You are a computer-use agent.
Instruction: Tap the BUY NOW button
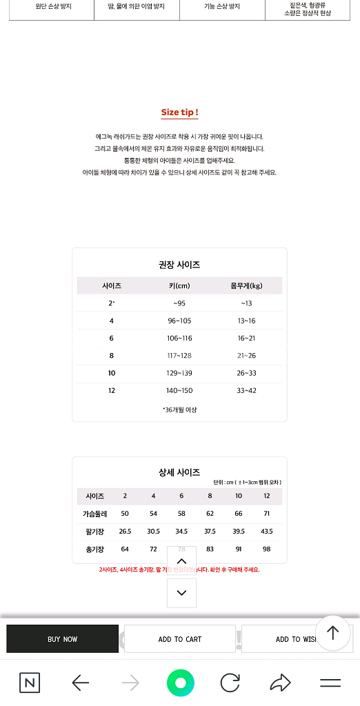coord(62,639)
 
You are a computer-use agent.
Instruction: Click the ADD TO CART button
coord(180,639)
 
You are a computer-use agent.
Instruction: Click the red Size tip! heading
coord(180,112)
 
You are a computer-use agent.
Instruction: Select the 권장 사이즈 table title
coord(179,265)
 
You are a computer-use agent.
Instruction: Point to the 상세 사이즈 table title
coord(179,472)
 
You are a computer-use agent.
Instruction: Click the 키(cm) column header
coord(179,285)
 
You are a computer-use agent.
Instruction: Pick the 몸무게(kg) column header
coord(246,285)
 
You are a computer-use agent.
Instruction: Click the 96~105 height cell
coord(179,321)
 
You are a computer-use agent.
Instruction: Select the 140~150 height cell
coord(179,391)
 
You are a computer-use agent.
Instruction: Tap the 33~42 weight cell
coord(246,391)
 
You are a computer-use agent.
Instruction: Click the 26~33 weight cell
coord(246,373)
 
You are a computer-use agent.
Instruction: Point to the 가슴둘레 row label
coord(95,514)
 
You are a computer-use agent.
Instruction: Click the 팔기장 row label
coord(95,532)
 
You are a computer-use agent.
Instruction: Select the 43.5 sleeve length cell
coord(266,532)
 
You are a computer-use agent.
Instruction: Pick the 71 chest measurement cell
coord(266,514)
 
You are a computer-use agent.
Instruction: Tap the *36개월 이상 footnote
coord(179,410)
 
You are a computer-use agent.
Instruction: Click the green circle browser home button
coord(180,683)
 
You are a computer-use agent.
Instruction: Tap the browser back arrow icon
coord(81,683)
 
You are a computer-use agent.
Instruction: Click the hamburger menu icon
coord(330,683)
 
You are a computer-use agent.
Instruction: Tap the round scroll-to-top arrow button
coord(333,633)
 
